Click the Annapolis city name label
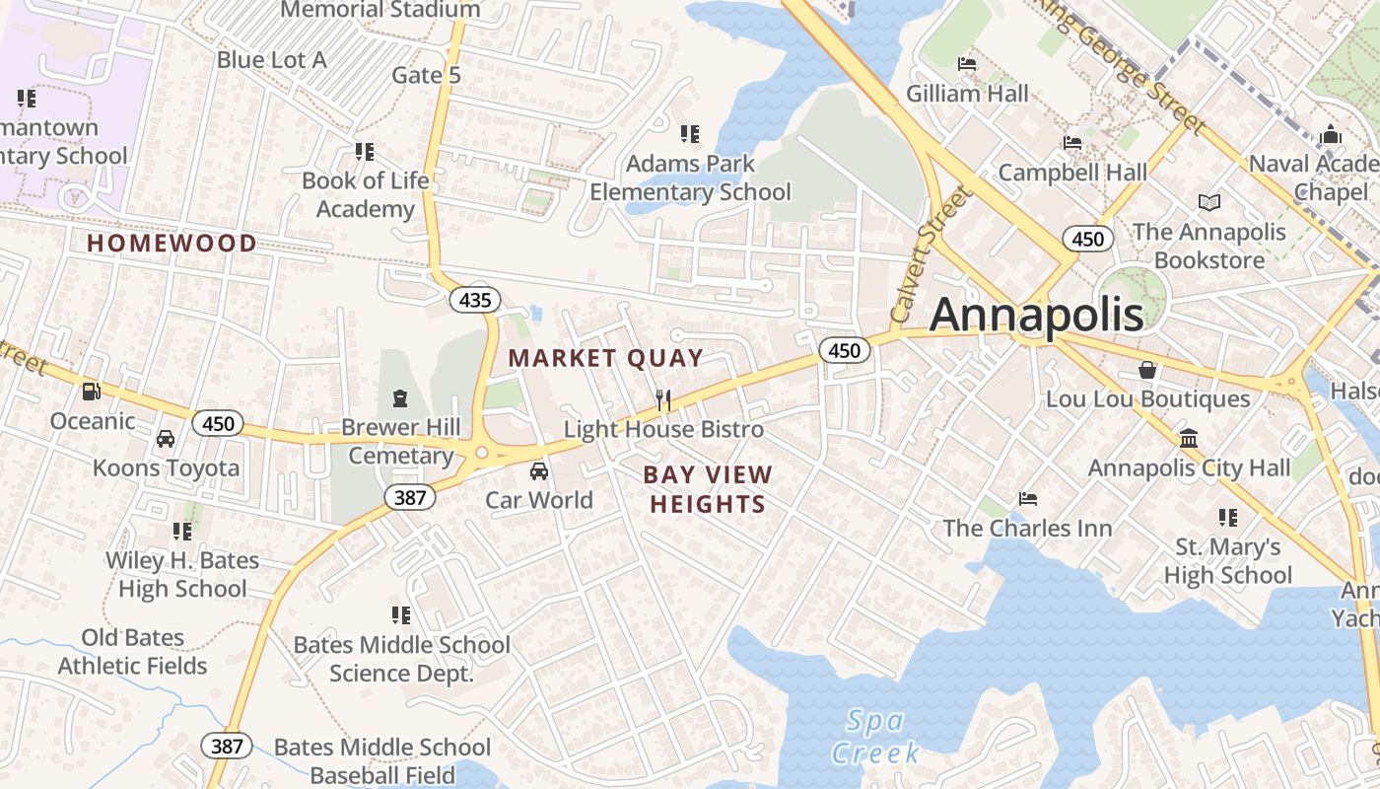1036,314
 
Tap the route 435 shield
475,299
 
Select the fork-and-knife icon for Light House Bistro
663,400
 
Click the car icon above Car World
539,470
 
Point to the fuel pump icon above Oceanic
91,392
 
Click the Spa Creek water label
875,737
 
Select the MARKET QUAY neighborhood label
605,358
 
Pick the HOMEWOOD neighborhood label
172,243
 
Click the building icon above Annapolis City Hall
1189,438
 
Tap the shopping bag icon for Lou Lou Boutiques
1147,370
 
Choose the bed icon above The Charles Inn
1028,498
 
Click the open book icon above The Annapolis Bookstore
1209,202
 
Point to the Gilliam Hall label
967,94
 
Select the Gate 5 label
426,75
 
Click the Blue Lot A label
271,59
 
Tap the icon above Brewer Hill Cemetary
400,398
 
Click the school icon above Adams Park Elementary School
690,133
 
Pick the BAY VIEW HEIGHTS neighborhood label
708,489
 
